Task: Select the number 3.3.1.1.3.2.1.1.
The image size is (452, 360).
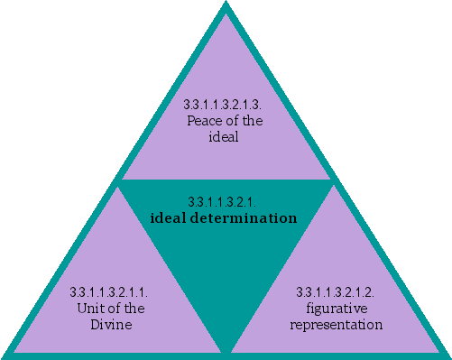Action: tap(108, 292)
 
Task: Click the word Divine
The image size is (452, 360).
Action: tap(108, 323)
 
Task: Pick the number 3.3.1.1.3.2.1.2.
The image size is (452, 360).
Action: tap(342, 292)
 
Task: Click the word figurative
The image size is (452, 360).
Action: tap(342, 307)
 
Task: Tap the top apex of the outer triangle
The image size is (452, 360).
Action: tap(226, 4)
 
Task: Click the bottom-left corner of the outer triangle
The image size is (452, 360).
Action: tap(5, 355)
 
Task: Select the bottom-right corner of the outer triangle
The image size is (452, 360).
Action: tap(447, 355)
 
